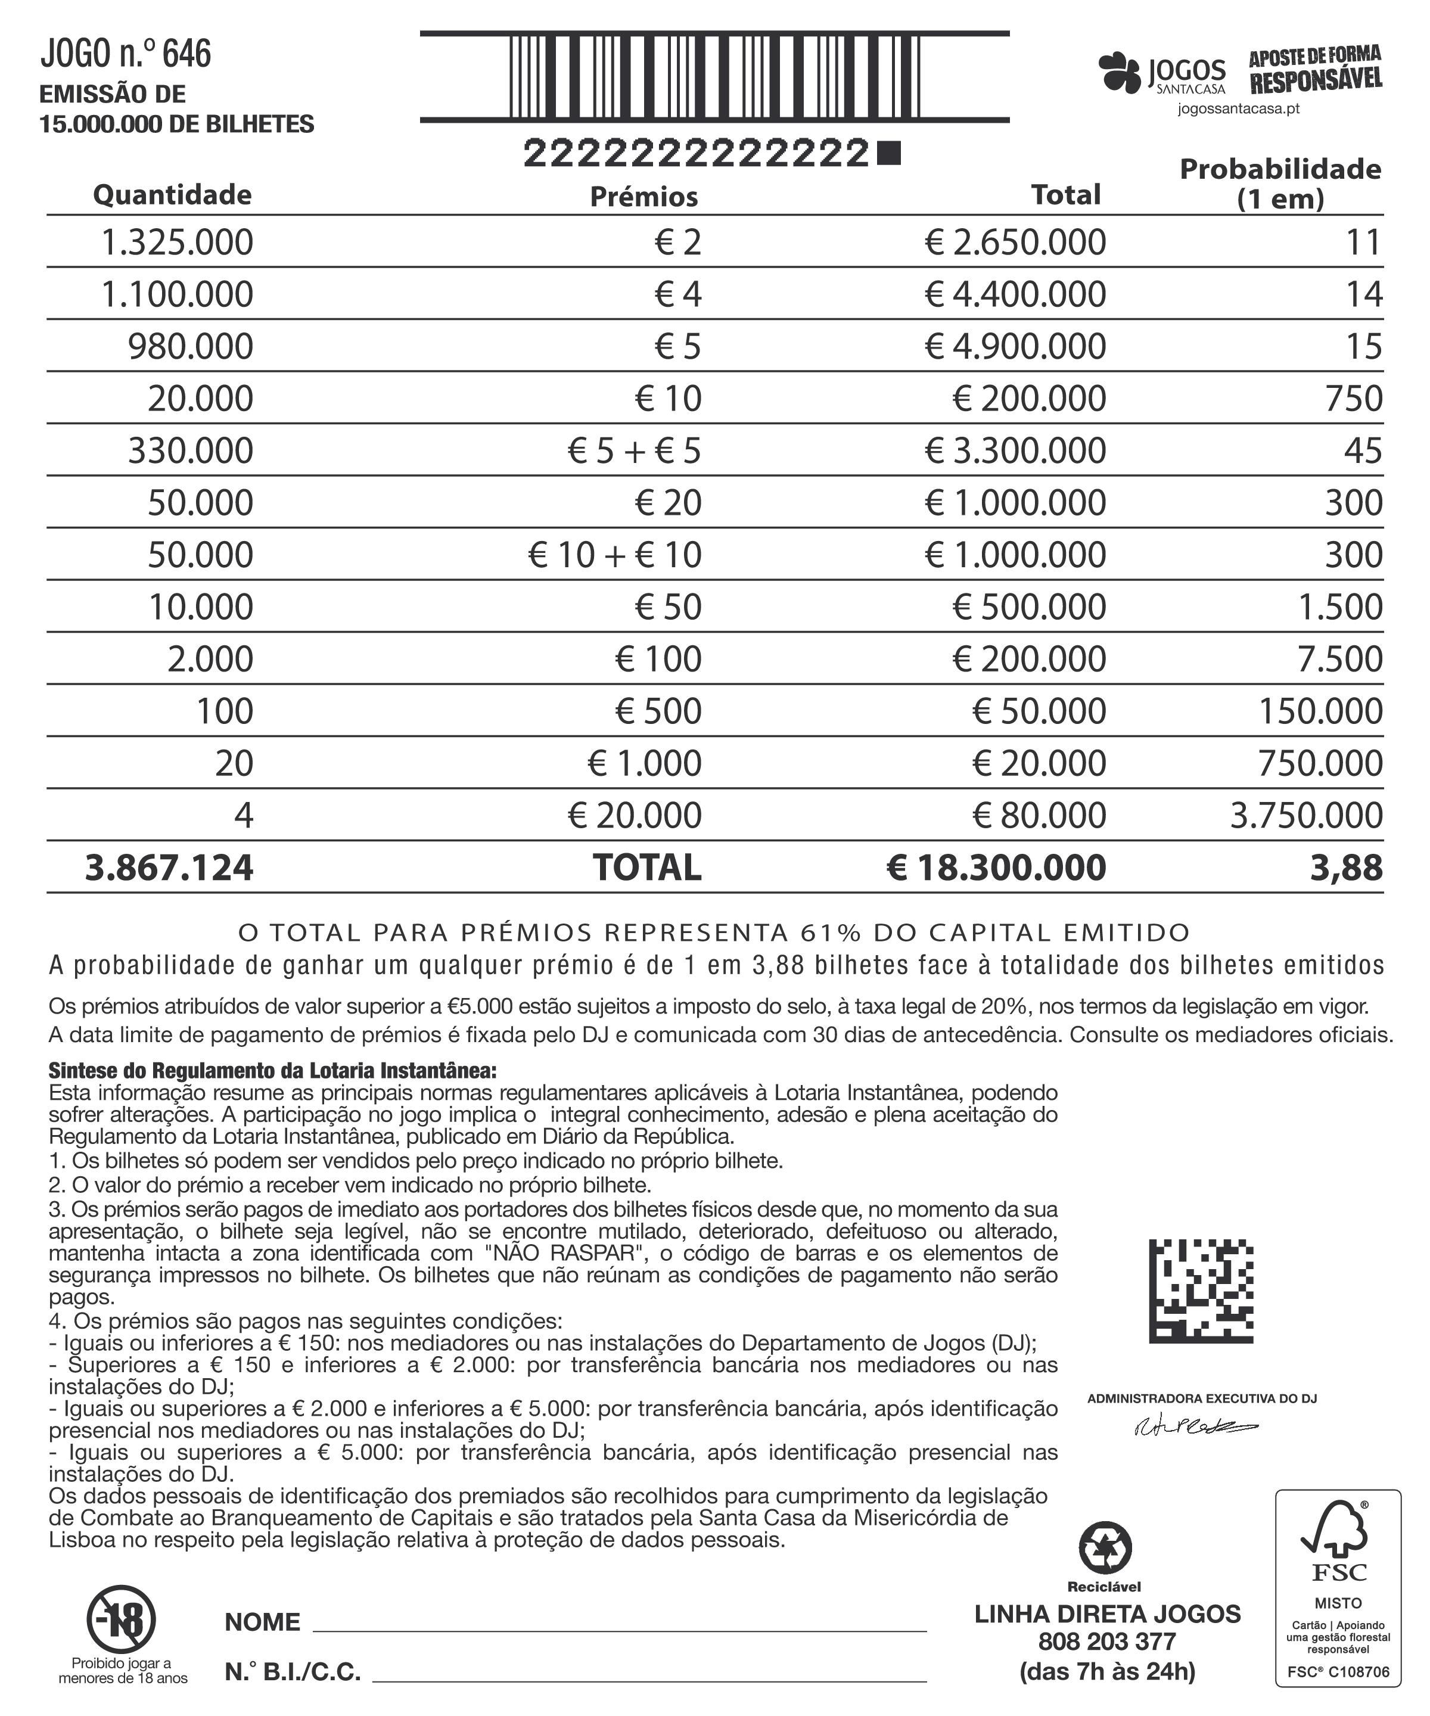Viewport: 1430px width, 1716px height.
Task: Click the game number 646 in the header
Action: point(186,55)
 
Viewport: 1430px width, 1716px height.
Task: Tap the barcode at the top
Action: point(714,77)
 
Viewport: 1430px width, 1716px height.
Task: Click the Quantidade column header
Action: point(172,194)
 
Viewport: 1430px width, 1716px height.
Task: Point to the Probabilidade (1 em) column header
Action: point(1280,183)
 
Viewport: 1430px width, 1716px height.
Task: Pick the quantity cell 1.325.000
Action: point(176,243)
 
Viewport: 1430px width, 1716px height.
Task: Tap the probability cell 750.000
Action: point(1320,763)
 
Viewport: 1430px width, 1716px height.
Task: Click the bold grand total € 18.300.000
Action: point(996,868)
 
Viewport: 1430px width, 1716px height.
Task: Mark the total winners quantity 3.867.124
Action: point(169,868)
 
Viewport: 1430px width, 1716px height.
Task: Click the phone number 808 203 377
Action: point(1106,1641)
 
